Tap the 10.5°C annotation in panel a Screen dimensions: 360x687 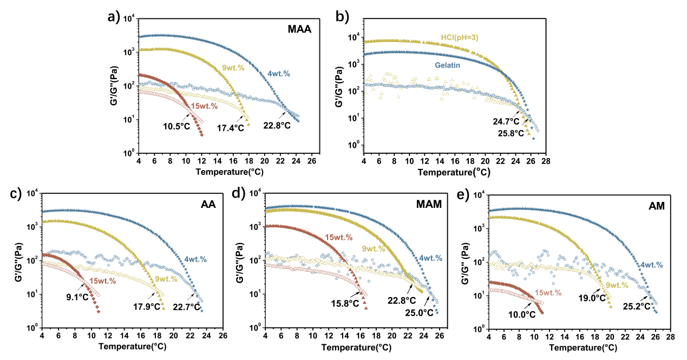point(175,126)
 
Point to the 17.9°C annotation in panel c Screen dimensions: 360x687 point(146,306)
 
